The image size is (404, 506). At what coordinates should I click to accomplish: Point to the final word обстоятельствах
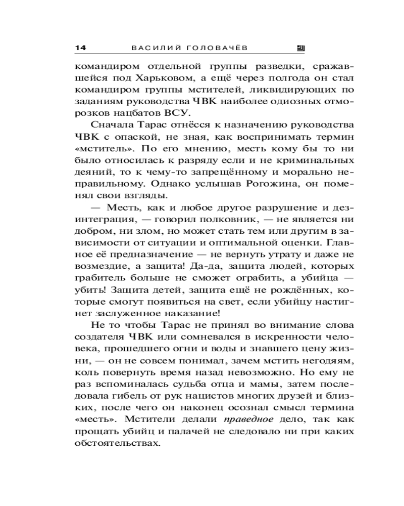(x=117, y=443)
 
